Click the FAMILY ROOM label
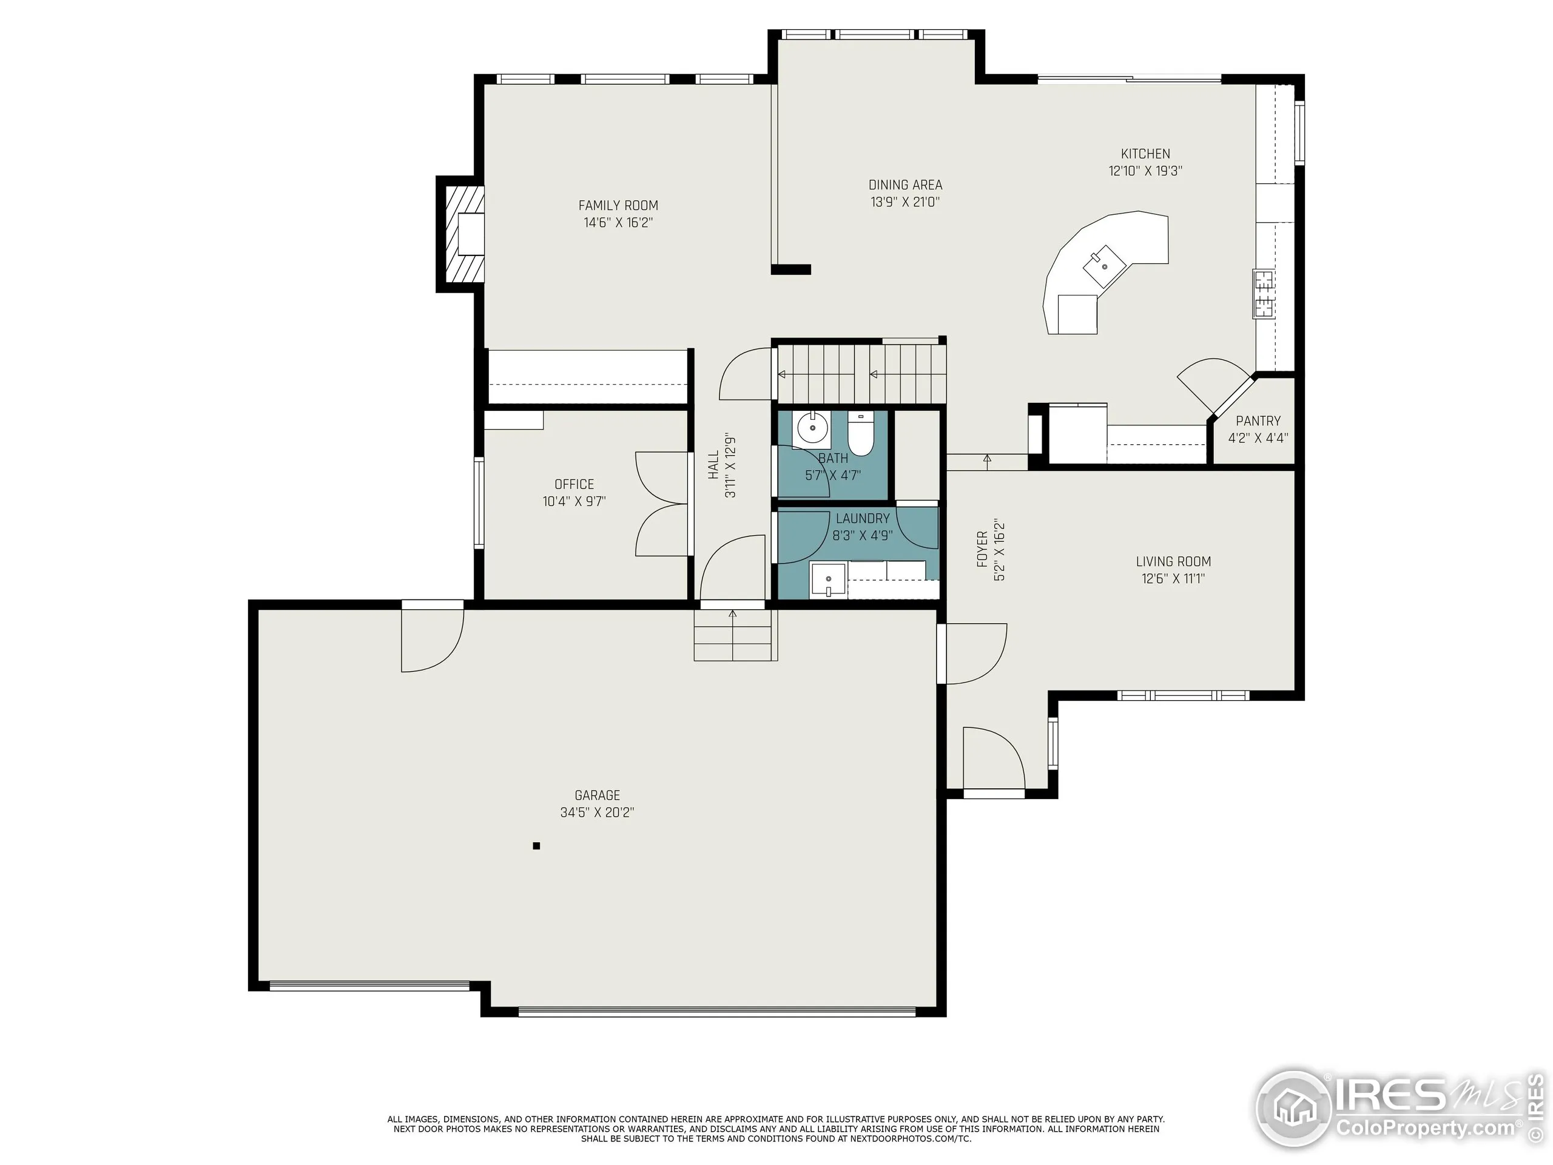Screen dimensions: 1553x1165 pos(618,206)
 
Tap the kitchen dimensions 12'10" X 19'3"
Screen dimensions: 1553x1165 pos(1145,171)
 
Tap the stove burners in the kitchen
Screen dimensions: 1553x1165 pos(1264,294)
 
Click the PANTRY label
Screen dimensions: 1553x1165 pos(1258,420)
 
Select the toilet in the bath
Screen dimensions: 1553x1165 pos(860,434)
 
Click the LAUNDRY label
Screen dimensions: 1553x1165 pos(862,518)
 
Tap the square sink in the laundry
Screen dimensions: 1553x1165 pos(829,579)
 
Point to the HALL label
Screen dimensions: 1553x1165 pos(713,465)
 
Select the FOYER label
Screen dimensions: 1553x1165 pos(982,549)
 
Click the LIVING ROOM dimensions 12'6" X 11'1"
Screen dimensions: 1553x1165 pos(1173,579)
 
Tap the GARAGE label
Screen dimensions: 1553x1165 pos(597,795)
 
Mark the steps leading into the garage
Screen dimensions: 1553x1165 pos(735,635)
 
